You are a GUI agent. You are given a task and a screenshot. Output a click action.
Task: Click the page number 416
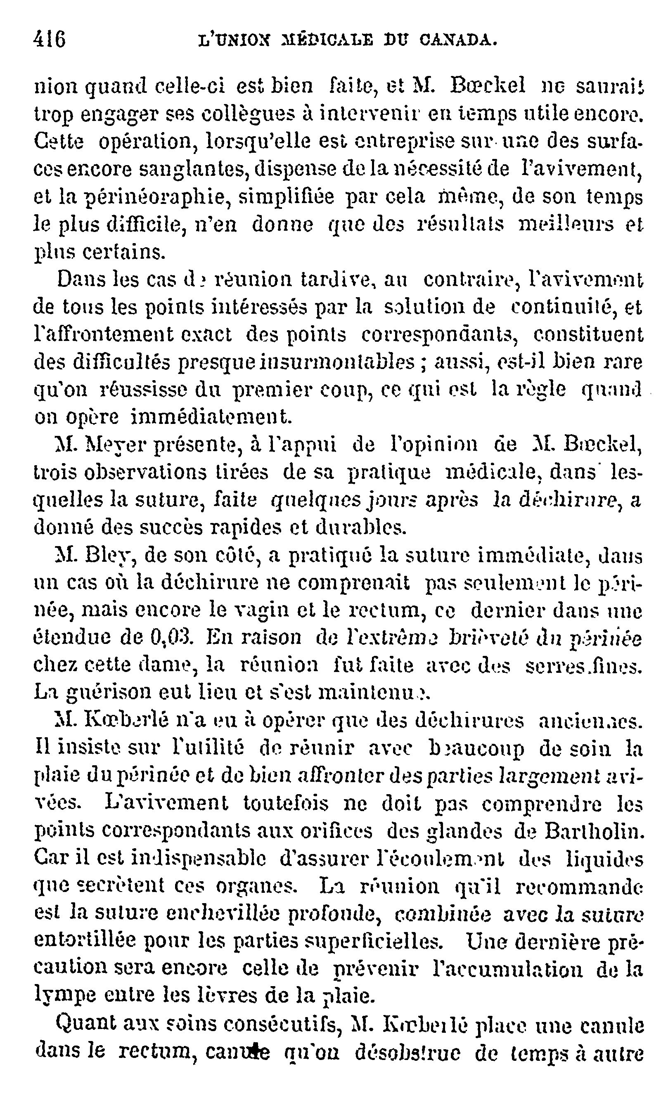[50, 40]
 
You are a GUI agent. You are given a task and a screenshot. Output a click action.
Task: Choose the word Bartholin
[594, 832]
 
